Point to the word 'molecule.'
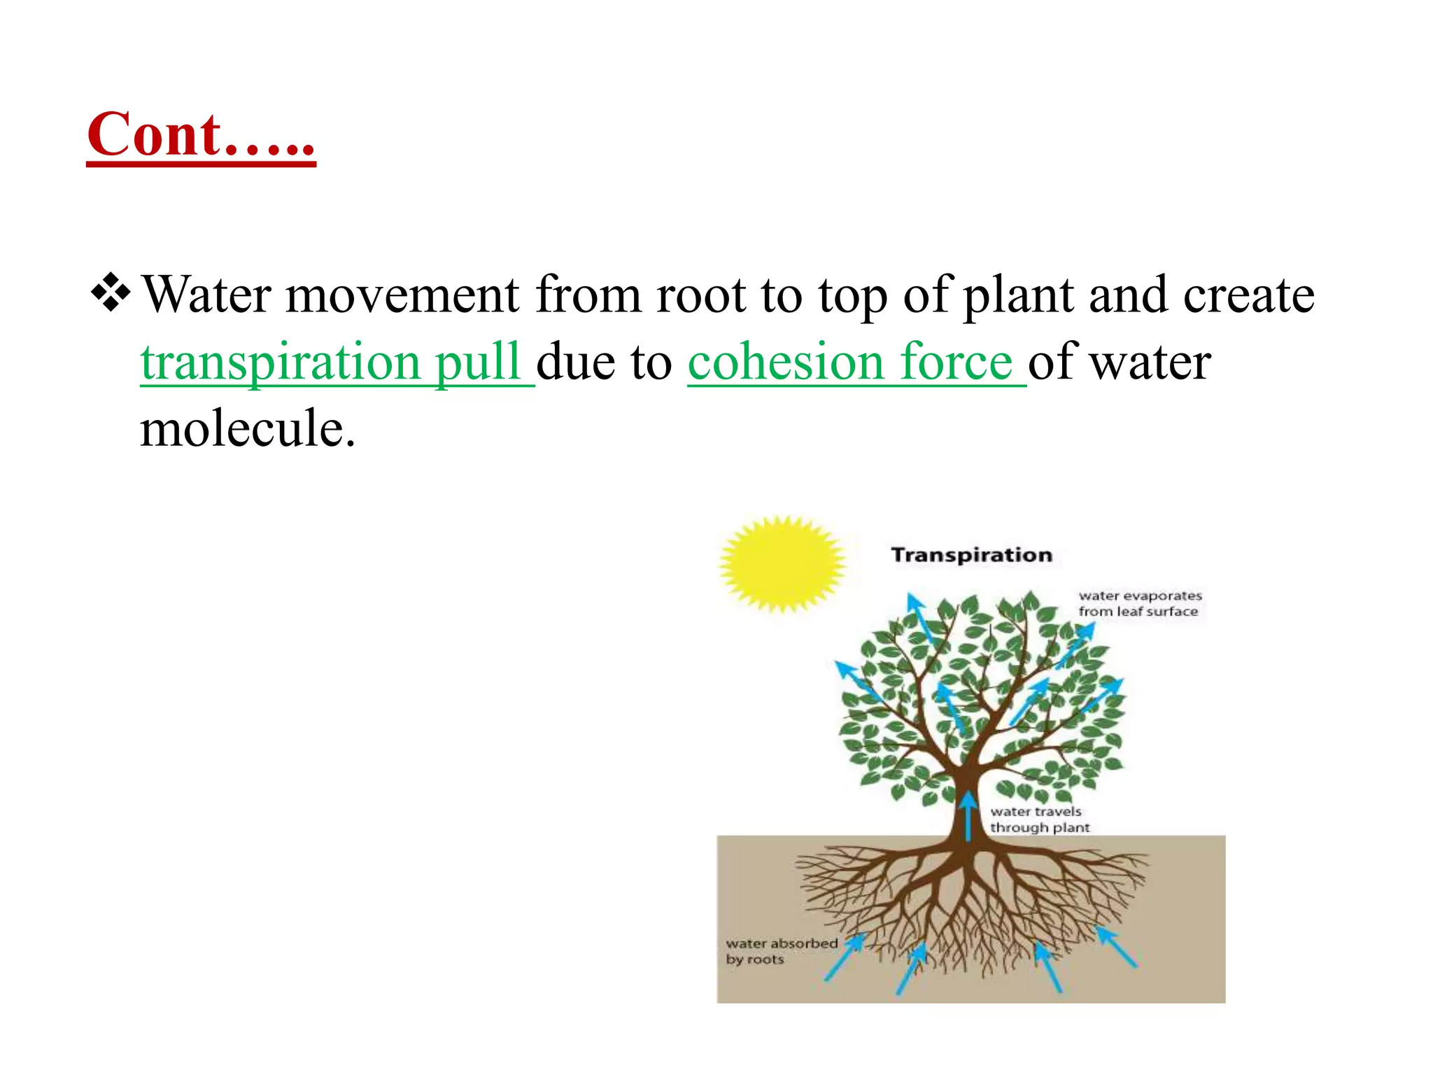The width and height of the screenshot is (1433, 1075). pyautogui.click(x=248, y=428)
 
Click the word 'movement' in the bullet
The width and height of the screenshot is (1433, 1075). pyautogui.click(x=402, y=295)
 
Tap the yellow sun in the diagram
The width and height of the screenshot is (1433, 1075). pyautogui.click(x=782, y=563)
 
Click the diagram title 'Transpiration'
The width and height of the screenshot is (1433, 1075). pyautogui.click(x=971, y=555)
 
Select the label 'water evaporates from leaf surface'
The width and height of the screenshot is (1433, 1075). pyautogui.click(x=1139, y=603)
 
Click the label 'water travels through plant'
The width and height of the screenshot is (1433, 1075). pyautogui.click(x=1039, y=820)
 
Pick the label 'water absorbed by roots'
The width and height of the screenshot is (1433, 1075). pyautogui.click(x=781, y=951)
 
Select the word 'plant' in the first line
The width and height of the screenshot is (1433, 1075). pyautogui.click(x=1019, y=296)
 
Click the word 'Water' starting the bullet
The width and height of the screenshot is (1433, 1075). pyautogui.click(x=206, y=295)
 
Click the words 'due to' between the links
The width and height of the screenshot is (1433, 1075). pyautogui.click(x=605, y=362)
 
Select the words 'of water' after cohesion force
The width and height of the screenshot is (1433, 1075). pyautogui.click(x=1120, y=362)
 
